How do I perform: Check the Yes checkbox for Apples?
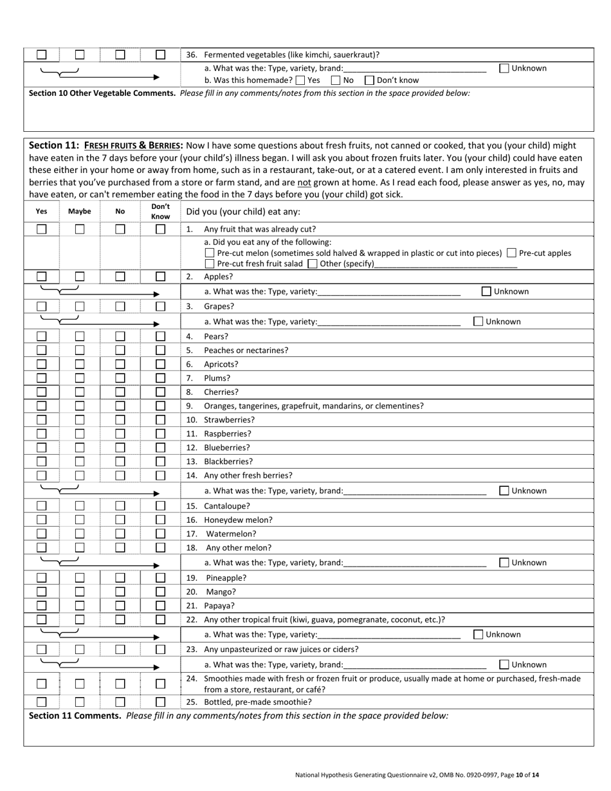42,277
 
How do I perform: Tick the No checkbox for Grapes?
120,307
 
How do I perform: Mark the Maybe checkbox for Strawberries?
80,420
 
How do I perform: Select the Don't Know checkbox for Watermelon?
160,534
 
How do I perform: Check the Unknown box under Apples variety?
487,291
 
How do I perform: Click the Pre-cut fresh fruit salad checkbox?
209,264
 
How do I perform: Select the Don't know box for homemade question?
369,80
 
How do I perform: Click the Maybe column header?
80,211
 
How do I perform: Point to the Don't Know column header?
160,212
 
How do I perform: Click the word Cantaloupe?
227,506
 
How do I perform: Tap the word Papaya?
219,606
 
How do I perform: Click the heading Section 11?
54,145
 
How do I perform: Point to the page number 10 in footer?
520,775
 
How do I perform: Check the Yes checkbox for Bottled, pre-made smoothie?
42,702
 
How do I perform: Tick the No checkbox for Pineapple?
120,577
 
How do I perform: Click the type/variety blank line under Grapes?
388,322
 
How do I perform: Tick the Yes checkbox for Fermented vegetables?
42,55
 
